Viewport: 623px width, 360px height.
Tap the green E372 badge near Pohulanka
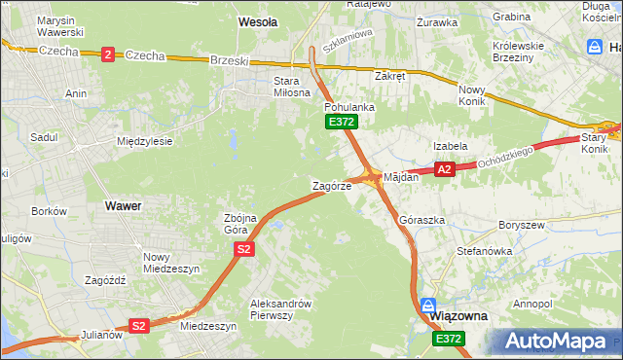[342, 122]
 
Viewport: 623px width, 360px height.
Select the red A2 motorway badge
[445, 169]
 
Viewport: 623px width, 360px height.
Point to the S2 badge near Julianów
[139, 326]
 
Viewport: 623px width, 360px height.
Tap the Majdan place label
[401, 177]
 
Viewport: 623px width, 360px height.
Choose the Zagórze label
[331, 185]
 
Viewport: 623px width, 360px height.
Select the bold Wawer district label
[123, 206]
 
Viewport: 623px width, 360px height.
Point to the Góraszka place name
[422, 220]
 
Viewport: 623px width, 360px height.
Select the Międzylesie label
[144, 141]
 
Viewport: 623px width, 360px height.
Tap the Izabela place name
[451, 145]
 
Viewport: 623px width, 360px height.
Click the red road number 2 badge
[106, 54]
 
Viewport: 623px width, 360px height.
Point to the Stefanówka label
[485, 250]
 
